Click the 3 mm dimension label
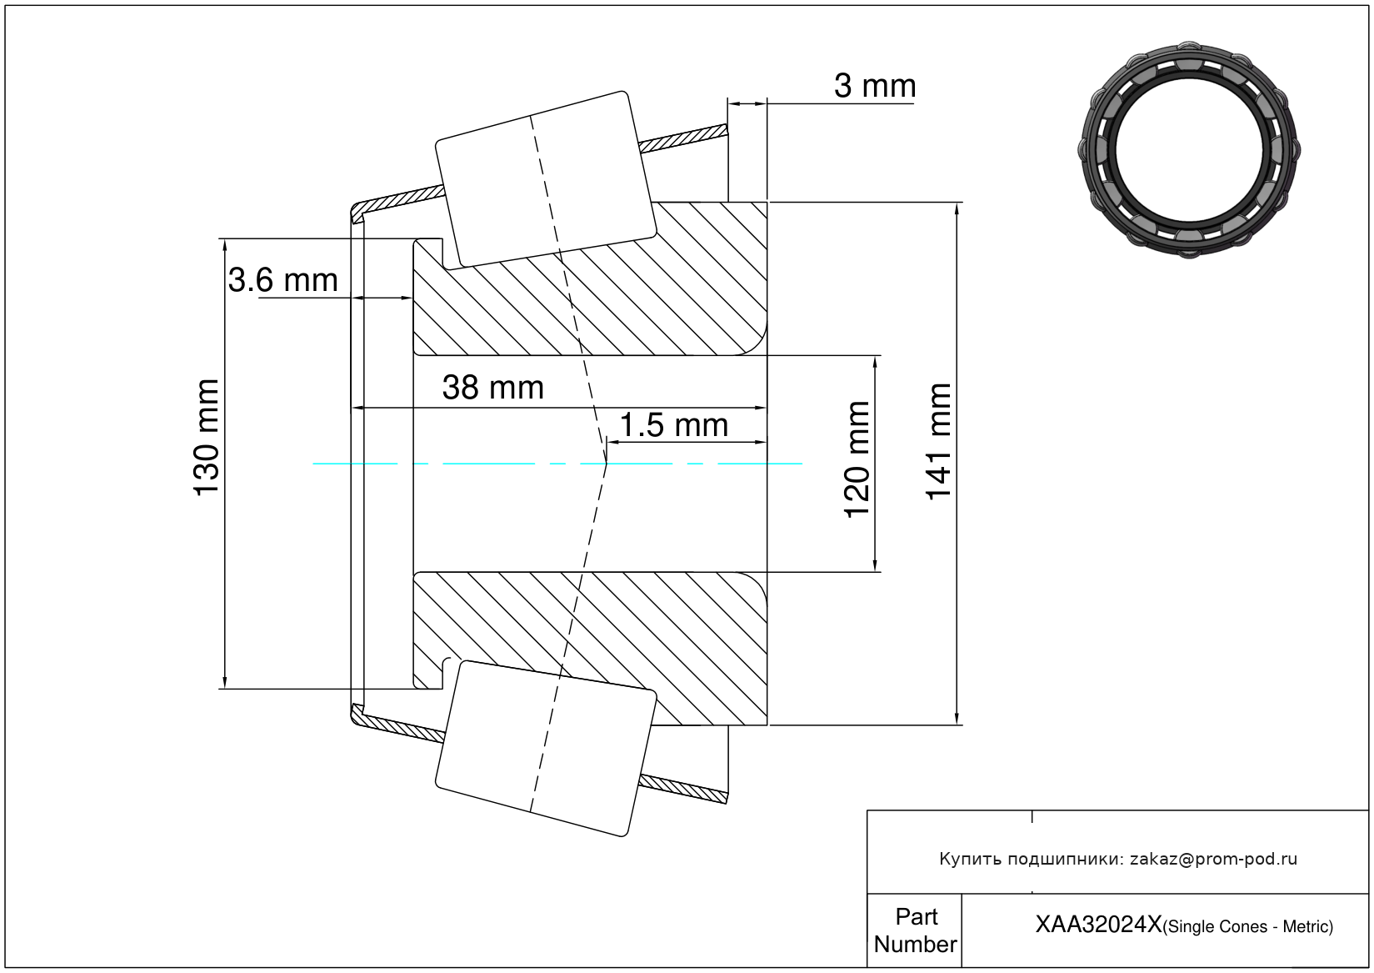(x=875, y=86)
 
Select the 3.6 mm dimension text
(x=282, y=280)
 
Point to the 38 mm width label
(x=493, y=388)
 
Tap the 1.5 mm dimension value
(x=674, y=425)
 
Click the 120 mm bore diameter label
(x=857, y=459)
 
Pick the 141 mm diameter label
(x=938, y=442)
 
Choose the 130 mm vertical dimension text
(x=207, y=438)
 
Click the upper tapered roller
(x=546, y=180)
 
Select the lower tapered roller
(x=546, y=749)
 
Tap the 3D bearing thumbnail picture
(x=1189, y=150)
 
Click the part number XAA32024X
(x=1098, y=925)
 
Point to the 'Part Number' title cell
(x=916, y=930)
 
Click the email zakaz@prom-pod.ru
(x=1213, y=859)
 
